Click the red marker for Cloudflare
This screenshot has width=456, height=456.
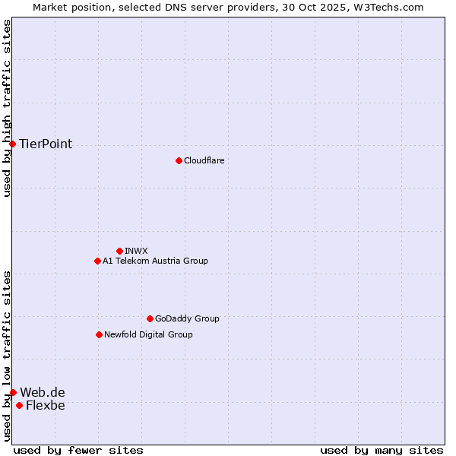[179, 160]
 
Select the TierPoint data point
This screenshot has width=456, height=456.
[12, 144]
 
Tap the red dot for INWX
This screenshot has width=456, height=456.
[119, 251]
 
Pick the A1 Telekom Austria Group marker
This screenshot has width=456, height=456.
[97, 261]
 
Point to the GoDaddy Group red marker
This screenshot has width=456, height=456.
[150, 318]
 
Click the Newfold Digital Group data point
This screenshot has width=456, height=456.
[99, 334]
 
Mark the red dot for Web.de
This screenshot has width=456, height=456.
[13, 392]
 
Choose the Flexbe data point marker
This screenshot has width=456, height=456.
[19, 405]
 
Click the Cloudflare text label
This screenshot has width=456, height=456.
[204, 160]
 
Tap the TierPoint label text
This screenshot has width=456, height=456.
[46, 144]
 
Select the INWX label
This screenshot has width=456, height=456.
[136, 251]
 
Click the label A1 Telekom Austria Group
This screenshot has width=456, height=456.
[155, 261]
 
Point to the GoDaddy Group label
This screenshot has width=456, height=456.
[187, 318]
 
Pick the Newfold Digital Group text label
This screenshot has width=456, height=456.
[148, 334]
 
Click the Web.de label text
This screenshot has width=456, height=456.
[43, 392]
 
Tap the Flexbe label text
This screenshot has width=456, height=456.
[46, 405]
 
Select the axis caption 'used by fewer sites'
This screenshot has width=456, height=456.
[78, 450]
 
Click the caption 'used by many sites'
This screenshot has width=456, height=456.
[382, 450]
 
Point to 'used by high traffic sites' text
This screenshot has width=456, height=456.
[7, 108]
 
